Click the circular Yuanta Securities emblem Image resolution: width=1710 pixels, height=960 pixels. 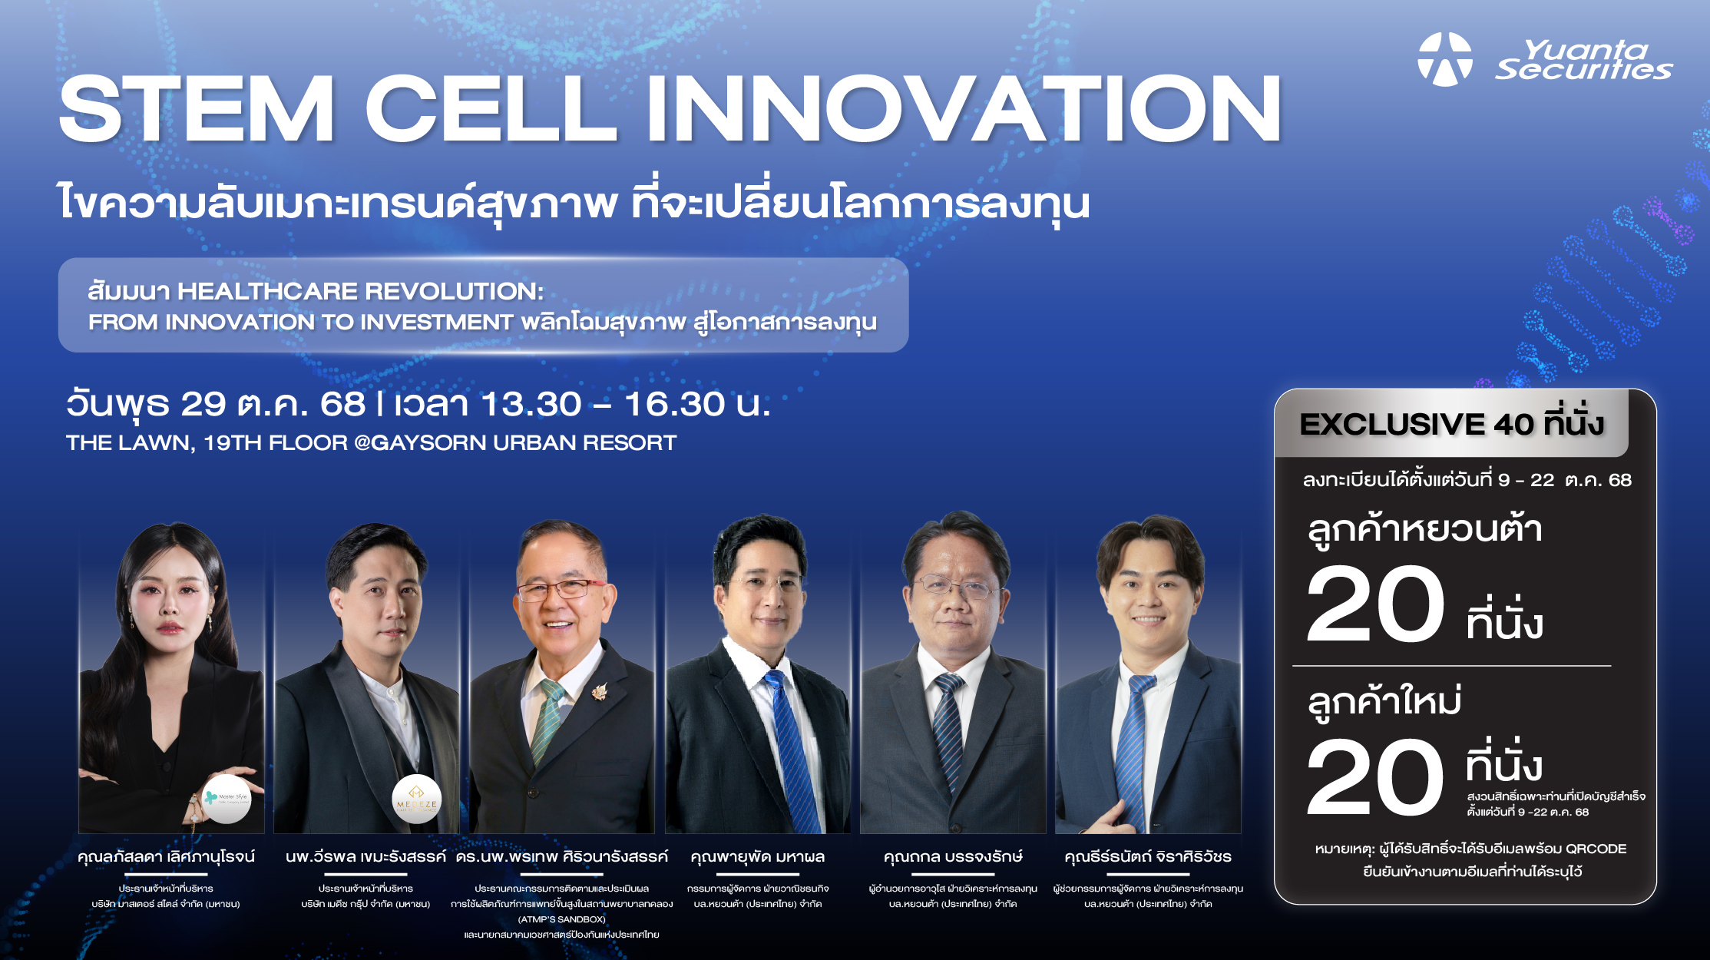click(1444, 59)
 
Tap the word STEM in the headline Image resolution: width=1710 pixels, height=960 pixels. click(197, 108)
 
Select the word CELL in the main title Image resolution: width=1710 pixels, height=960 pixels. click(491, 108)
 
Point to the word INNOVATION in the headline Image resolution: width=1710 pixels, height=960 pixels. click(964, 108)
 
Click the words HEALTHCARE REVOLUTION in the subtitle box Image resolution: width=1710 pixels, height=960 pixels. click(360, 291)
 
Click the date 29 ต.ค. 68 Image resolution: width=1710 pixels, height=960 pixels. click(273, 405)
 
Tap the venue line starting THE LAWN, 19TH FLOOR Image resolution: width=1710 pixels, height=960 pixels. click(371, 443)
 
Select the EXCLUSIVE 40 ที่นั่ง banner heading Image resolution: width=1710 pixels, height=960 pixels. click(1451, 424)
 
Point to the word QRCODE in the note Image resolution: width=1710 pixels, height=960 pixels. click(1596, 849)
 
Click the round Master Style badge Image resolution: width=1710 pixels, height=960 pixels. click(227, 799)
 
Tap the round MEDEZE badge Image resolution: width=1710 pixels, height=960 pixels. click(416, 799)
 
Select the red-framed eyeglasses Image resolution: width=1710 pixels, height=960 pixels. click(561, 590)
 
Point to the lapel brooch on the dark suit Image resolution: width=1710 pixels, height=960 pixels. click(599, 691)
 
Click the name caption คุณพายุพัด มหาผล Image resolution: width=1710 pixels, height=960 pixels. click(757, 856)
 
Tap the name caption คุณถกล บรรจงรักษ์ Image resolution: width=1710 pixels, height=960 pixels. click(953, 856)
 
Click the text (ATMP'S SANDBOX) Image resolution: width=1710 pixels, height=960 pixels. click(562, 919)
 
